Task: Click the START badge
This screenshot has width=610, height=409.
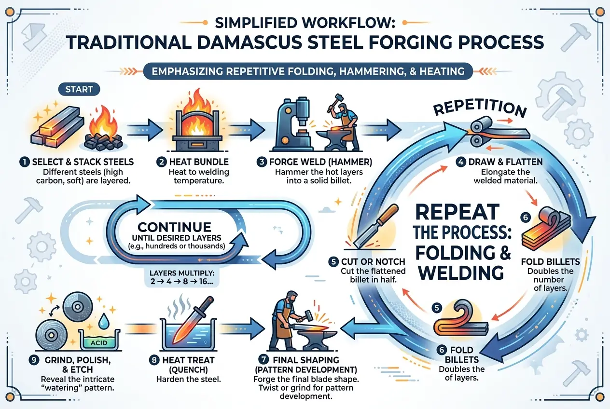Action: click(79, 90)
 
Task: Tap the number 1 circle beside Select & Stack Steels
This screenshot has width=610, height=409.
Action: click(24, 163)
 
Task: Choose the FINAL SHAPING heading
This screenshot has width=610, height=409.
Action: click(312, 360)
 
